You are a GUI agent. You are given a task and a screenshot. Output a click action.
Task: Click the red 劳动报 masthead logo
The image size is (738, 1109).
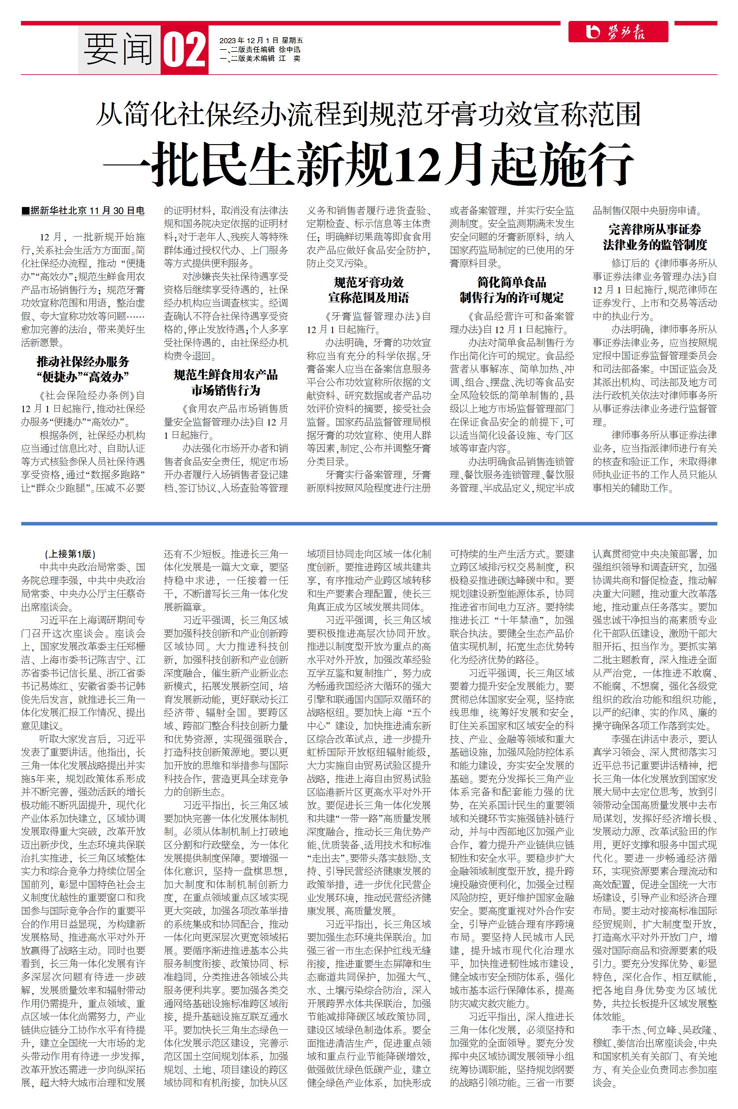[x=617, y=32]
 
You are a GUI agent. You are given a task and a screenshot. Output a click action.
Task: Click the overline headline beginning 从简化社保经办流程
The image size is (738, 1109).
[x=369, y=114]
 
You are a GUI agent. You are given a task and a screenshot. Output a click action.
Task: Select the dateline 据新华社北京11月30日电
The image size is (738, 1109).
[x=83, y=211]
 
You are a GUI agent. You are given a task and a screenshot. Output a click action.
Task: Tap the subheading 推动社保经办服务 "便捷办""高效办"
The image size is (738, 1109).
[x=83, y=370]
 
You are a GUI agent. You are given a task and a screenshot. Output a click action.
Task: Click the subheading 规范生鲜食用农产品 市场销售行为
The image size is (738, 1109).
[x=226, y=383]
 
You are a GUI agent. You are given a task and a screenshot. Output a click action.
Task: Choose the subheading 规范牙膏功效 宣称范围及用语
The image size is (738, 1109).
[x=369, y=290]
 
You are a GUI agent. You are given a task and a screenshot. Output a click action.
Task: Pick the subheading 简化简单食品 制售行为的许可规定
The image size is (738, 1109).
[x=512, y=290]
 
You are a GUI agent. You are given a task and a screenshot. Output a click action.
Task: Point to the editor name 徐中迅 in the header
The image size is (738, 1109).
[x=289, y=50]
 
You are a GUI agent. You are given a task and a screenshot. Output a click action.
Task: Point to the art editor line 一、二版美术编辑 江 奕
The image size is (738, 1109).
[x=260, y=58]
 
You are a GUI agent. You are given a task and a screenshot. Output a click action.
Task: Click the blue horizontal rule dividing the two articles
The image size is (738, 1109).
[x=369, y=524]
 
